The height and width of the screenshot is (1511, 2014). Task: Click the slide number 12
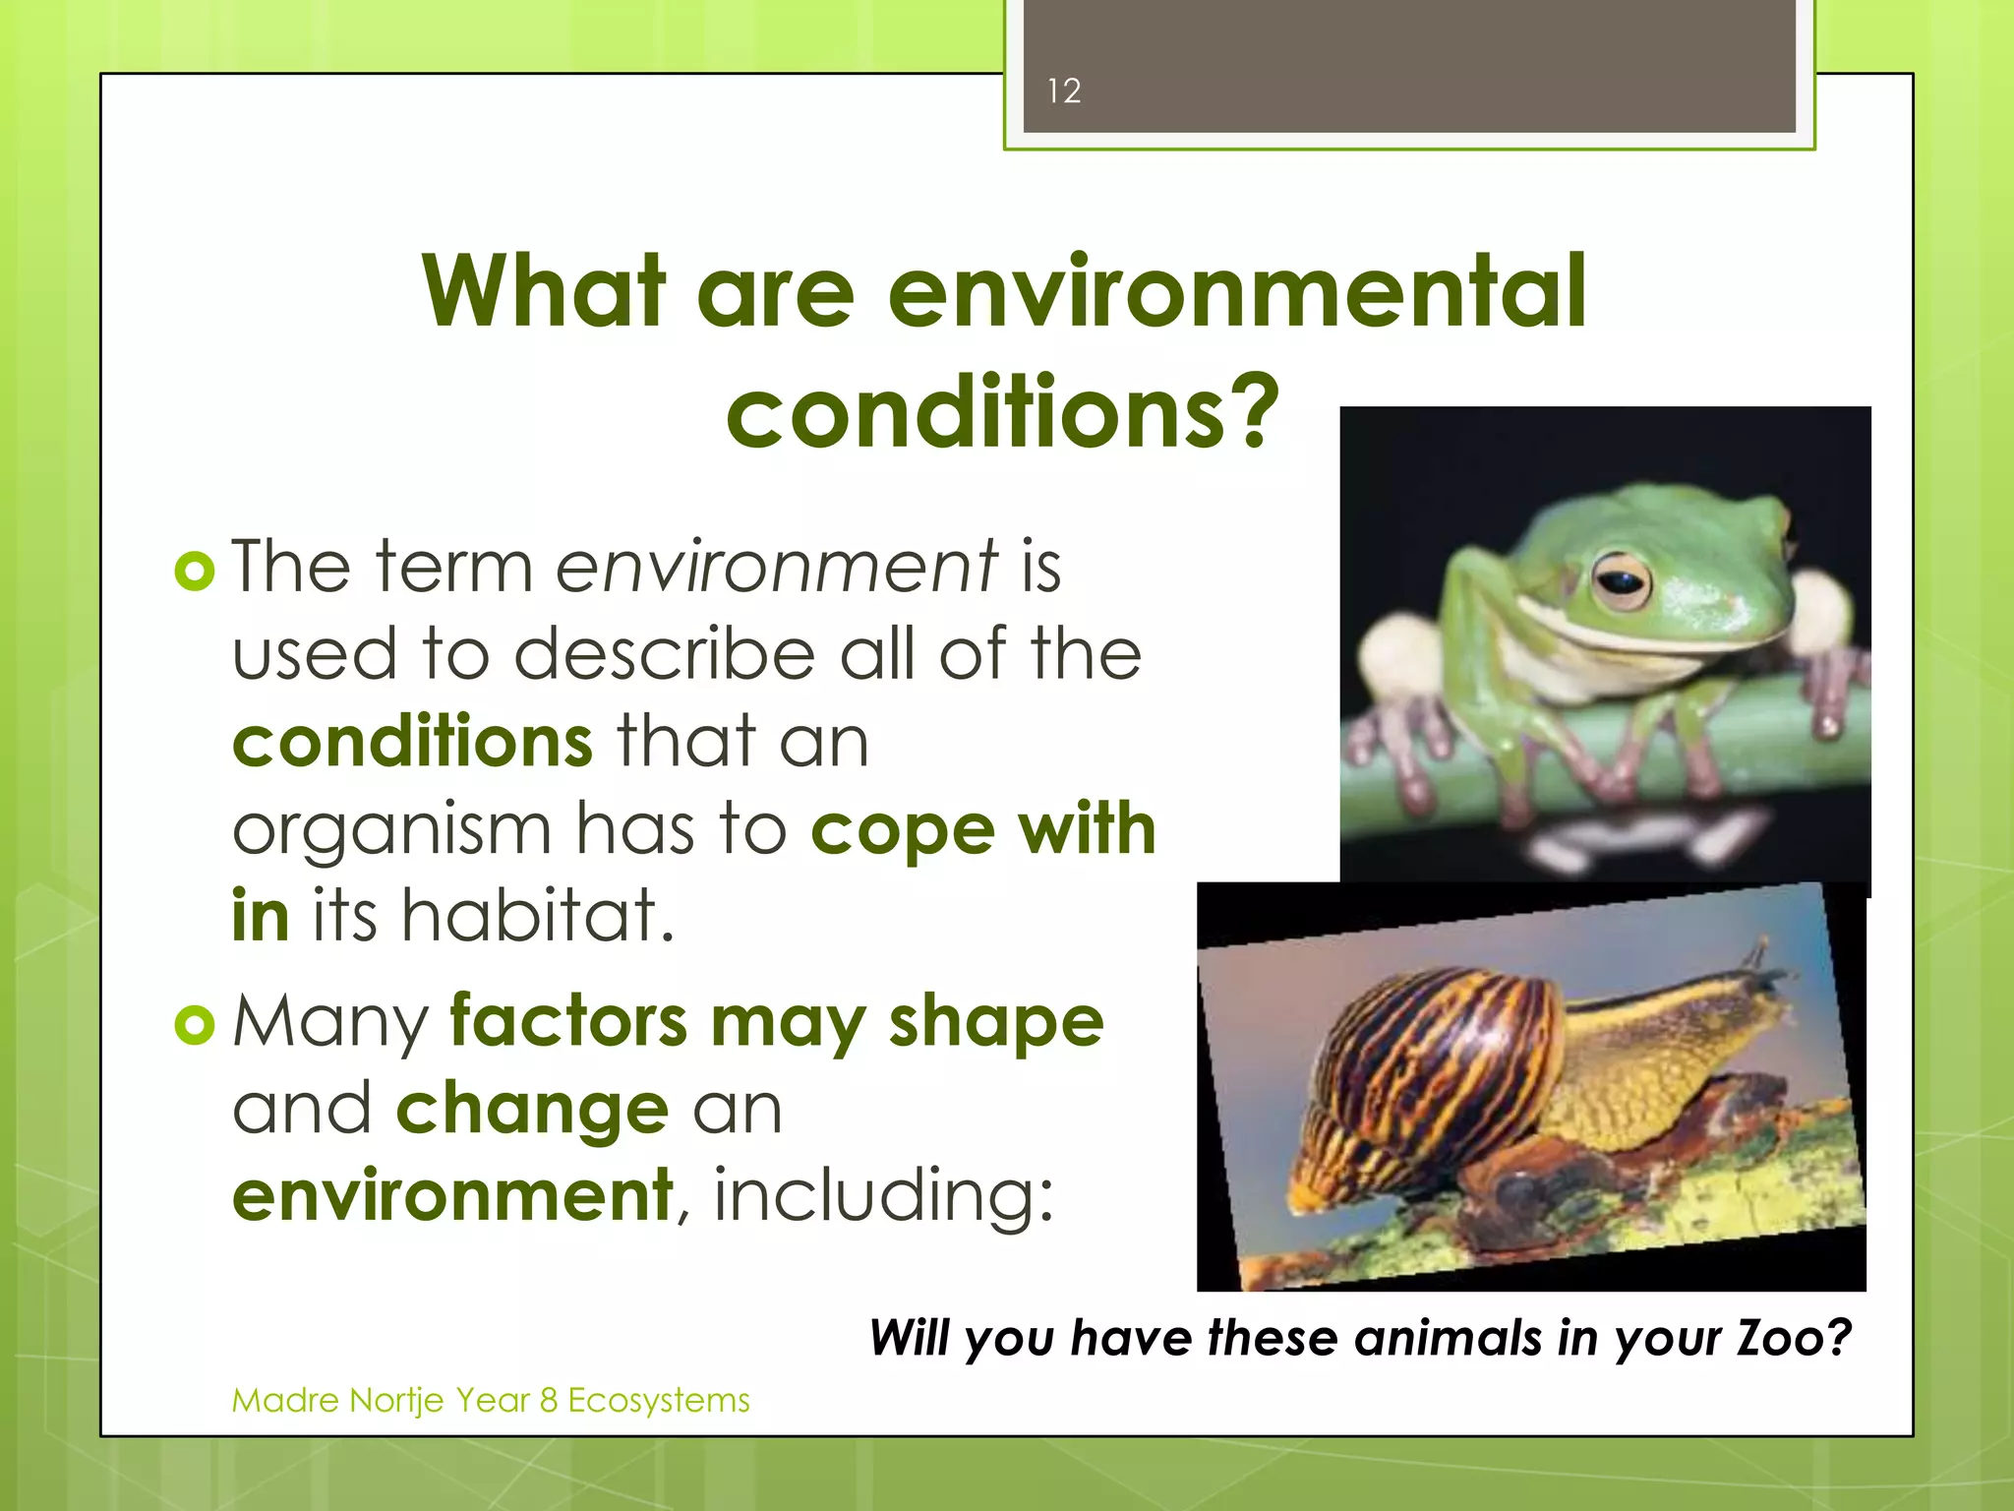tap(1063, 91)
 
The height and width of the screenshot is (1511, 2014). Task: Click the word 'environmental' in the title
tap(1236, 291)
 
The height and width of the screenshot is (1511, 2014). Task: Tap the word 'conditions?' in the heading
tap(1002, 412)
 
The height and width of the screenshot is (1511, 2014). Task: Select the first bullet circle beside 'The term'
tap(194, 571)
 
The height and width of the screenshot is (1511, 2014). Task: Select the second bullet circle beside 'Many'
tap(194, 1025)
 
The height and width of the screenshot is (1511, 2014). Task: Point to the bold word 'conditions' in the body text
tap(412, 742)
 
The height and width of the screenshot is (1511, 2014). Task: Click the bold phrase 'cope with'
tap(982, 829)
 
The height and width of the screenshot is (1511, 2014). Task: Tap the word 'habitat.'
tap(538, 915)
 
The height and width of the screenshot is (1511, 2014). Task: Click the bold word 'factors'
tap(568, 1022)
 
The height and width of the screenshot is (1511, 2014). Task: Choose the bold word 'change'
tap(532, 1110)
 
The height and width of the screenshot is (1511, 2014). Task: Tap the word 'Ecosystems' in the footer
tap(658, 1400)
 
